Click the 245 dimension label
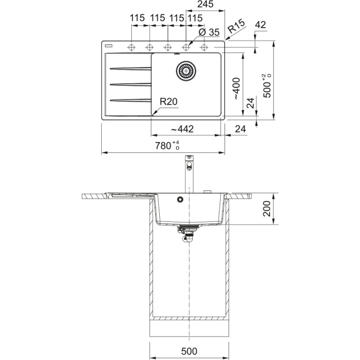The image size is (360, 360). (205, 4)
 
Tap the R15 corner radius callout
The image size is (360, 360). (236, 26)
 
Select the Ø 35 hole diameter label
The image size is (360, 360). (209, 32)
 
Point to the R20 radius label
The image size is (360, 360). (168, 101)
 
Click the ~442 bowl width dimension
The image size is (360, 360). (182, 129)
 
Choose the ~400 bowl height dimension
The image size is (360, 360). (236, 89)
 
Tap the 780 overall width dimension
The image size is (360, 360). (167, 145)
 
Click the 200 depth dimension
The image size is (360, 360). (266, 208)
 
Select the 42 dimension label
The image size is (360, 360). (261, 25)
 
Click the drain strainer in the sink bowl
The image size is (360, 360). (186, 71)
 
